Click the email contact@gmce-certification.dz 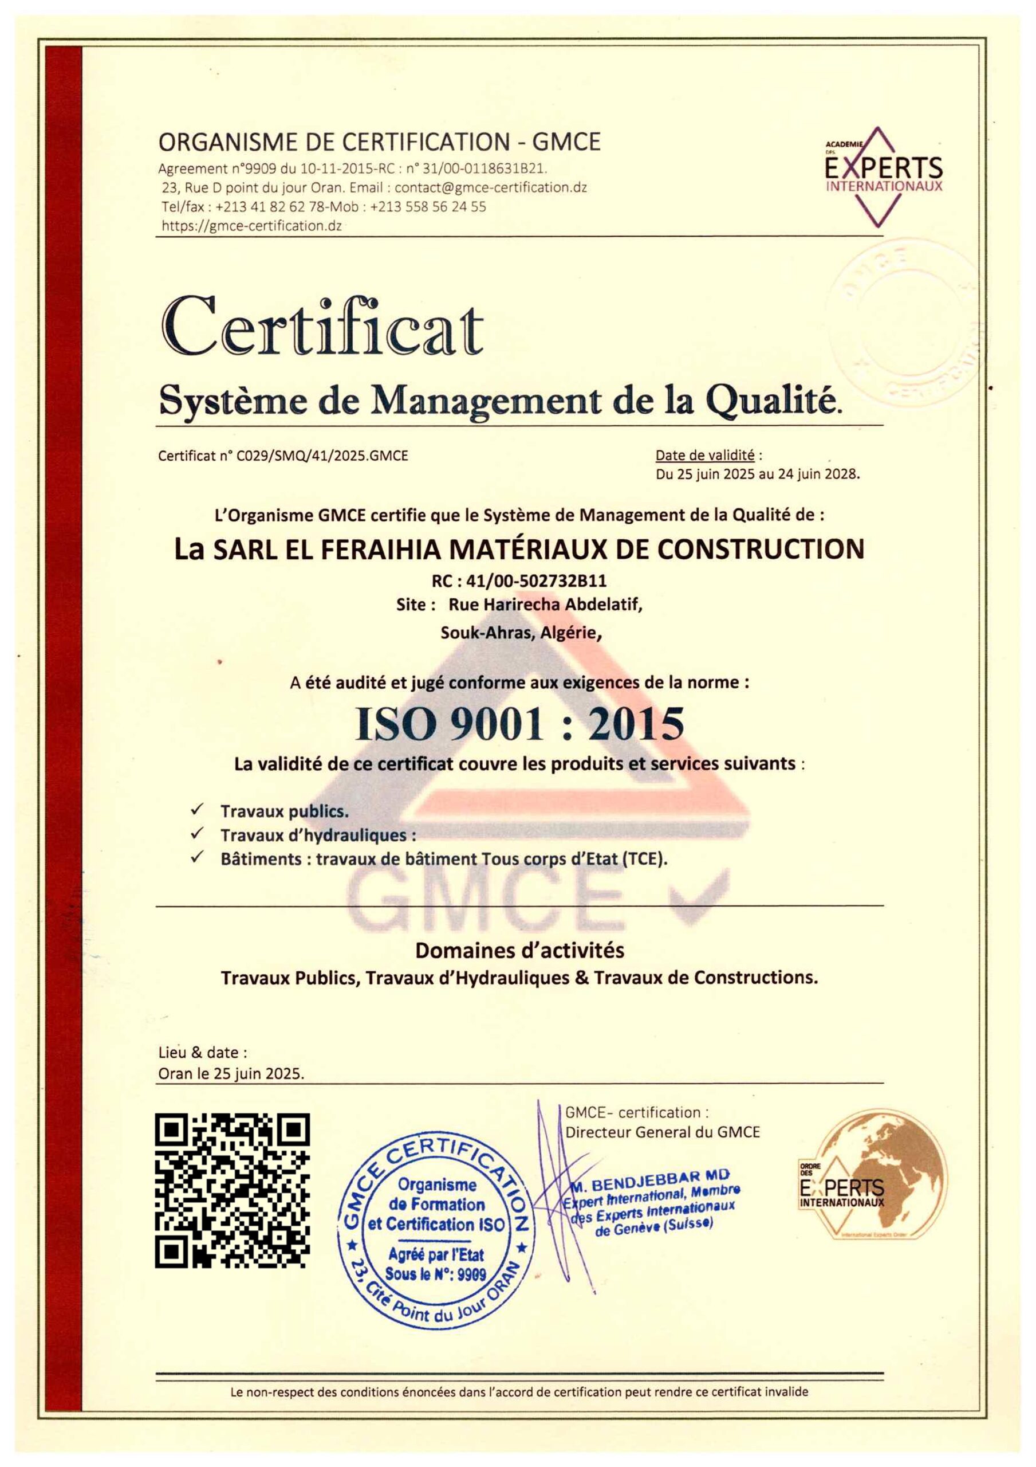(491, 188)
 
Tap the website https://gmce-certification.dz (251, 226)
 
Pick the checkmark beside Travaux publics (198, 810)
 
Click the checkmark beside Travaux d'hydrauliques (198, 833)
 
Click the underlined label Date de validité (704, 456)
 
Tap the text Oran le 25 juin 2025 (231, 1073)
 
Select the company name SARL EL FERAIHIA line (519, 550)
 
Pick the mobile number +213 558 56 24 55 (427, 207)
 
